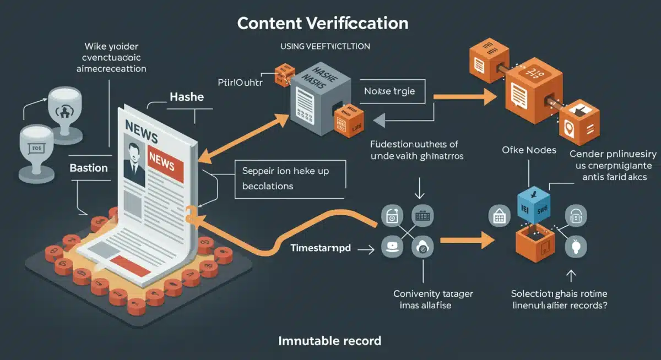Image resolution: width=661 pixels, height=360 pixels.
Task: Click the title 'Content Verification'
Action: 323,24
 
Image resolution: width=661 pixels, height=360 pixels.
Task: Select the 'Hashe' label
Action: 187,97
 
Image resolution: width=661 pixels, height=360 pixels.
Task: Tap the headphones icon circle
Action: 577,217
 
